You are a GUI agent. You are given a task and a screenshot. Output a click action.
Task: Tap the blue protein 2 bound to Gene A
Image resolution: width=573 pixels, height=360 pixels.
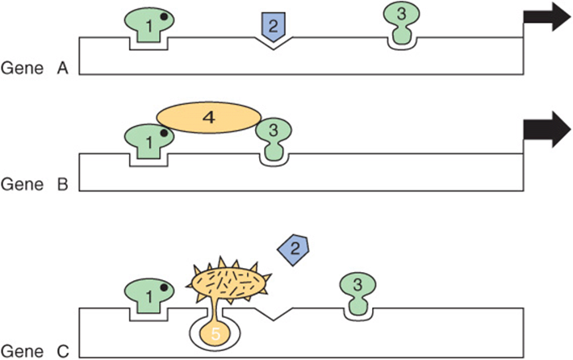[274, 27]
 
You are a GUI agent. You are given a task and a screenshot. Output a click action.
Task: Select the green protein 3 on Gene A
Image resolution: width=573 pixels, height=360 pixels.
[402, 23]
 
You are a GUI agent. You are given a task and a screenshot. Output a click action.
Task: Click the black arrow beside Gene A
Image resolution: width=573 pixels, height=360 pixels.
[546, 17]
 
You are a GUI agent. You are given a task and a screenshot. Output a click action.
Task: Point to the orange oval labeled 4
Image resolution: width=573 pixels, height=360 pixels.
[209, 117]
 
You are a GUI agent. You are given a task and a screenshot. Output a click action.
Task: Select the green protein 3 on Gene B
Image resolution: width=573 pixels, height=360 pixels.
[274, 140]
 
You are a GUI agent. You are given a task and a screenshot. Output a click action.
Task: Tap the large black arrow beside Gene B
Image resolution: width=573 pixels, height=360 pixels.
[546, 130]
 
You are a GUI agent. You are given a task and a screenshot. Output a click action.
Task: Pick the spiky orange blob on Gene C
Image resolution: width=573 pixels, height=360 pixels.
[228, 281]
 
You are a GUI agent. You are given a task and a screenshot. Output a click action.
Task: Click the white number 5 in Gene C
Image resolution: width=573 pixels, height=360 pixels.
[215, 334]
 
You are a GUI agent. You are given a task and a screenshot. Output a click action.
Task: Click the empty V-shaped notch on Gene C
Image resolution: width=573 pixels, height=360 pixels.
[274, 313]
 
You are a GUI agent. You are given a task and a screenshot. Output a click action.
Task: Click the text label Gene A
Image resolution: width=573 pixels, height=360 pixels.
[35, 68]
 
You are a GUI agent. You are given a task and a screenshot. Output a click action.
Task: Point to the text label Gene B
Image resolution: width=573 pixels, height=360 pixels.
[35, 184]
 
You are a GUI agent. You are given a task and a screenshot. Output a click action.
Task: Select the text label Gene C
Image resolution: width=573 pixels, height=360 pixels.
[35, 352]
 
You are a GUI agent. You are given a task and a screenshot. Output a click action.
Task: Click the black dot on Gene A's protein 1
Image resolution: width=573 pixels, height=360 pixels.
[164, 16]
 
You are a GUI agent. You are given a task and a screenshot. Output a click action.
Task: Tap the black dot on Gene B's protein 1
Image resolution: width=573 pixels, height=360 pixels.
[164, 133]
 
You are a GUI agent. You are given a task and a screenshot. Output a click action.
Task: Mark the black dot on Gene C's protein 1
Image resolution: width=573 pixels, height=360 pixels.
[164, 287]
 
